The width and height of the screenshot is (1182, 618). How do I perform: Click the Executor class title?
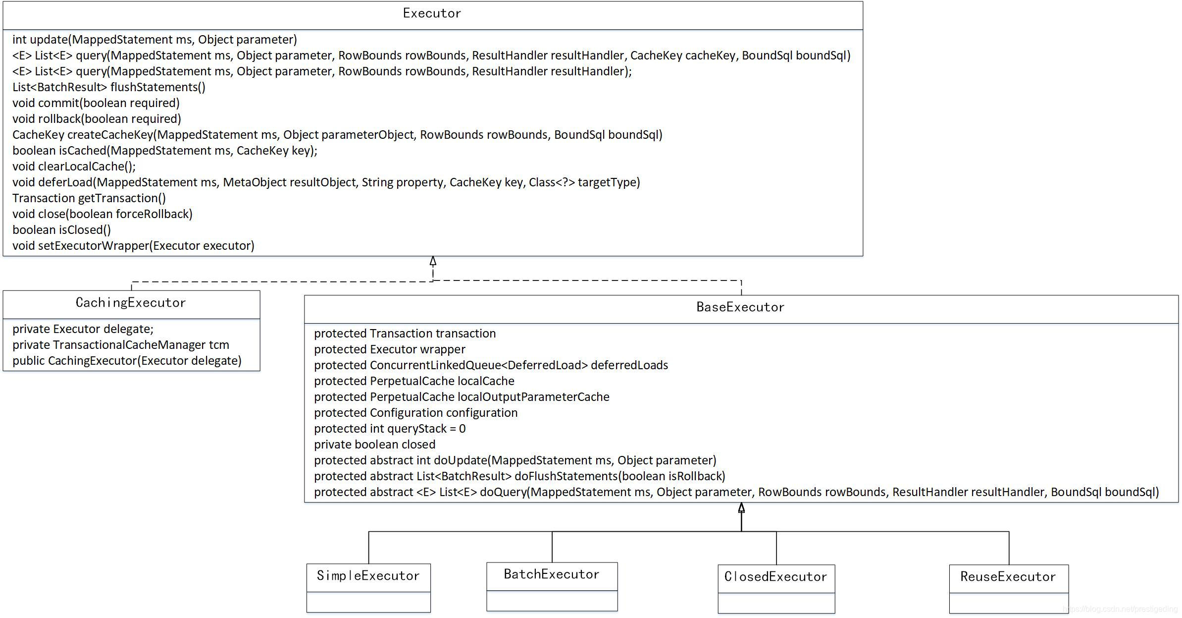click(432, 13)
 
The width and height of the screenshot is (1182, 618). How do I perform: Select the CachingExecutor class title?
click(131, 303)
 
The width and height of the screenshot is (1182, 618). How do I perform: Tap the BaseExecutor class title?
click(740, 307)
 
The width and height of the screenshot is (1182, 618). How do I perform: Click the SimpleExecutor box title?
click(368, 576)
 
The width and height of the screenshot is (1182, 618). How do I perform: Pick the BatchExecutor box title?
click(552, 574)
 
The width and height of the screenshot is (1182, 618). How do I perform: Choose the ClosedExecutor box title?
click(775, 577)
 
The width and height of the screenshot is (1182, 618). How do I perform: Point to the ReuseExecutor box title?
click(1008, 577)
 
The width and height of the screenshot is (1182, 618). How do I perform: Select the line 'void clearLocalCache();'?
click(74, 167)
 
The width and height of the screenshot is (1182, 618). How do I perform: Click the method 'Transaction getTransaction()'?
click(89, 198)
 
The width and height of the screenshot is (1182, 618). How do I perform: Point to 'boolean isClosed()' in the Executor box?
click(61, 230)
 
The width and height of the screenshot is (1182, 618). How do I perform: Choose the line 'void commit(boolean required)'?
click(96, 103)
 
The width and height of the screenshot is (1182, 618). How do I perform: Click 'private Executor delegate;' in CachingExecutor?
click(83, 329)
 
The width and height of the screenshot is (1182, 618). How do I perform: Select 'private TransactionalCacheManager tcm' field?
click(120, 345)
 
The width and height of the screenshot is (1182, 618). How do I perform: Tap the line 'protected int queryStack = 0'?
click(389, 429)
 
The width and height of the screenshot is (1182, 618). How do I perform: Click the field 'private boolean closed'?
click(374, 445)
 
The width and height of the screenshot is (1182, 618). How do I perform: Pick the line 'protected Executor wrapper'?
click(389, 349)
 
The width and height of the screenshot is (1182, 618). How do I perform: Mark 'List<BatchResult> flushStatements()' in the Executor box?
click(108, 87)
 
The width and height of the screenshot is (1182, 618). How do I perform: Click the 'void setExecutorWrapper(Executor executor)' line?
click(133, 246)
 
